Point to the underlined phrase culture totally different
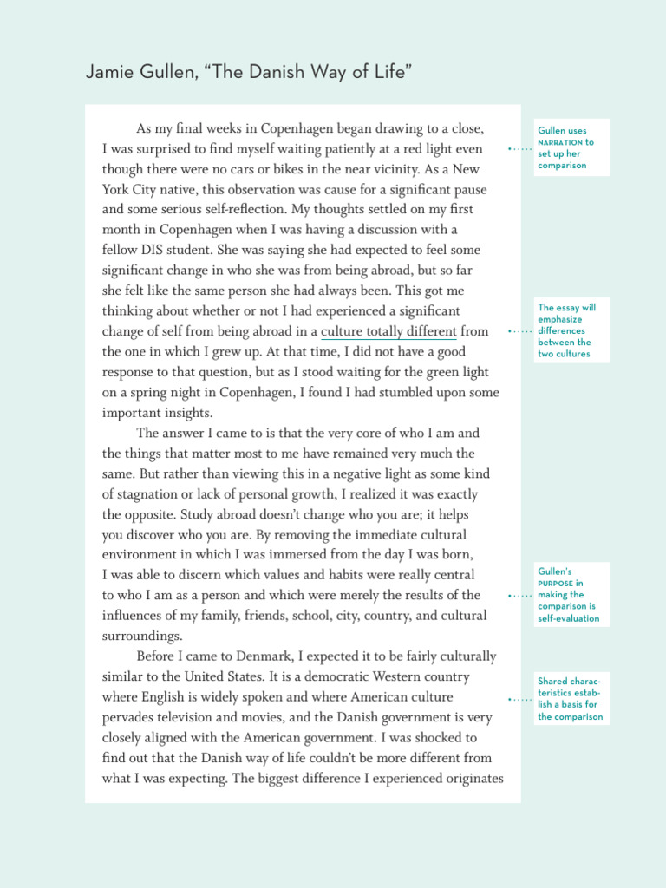click(388, 331)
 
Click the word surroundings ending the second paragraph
click(142, 636)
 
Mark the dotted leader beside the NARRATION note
click(519, 149)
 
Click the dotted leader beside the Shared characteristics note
click(519, 699)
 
